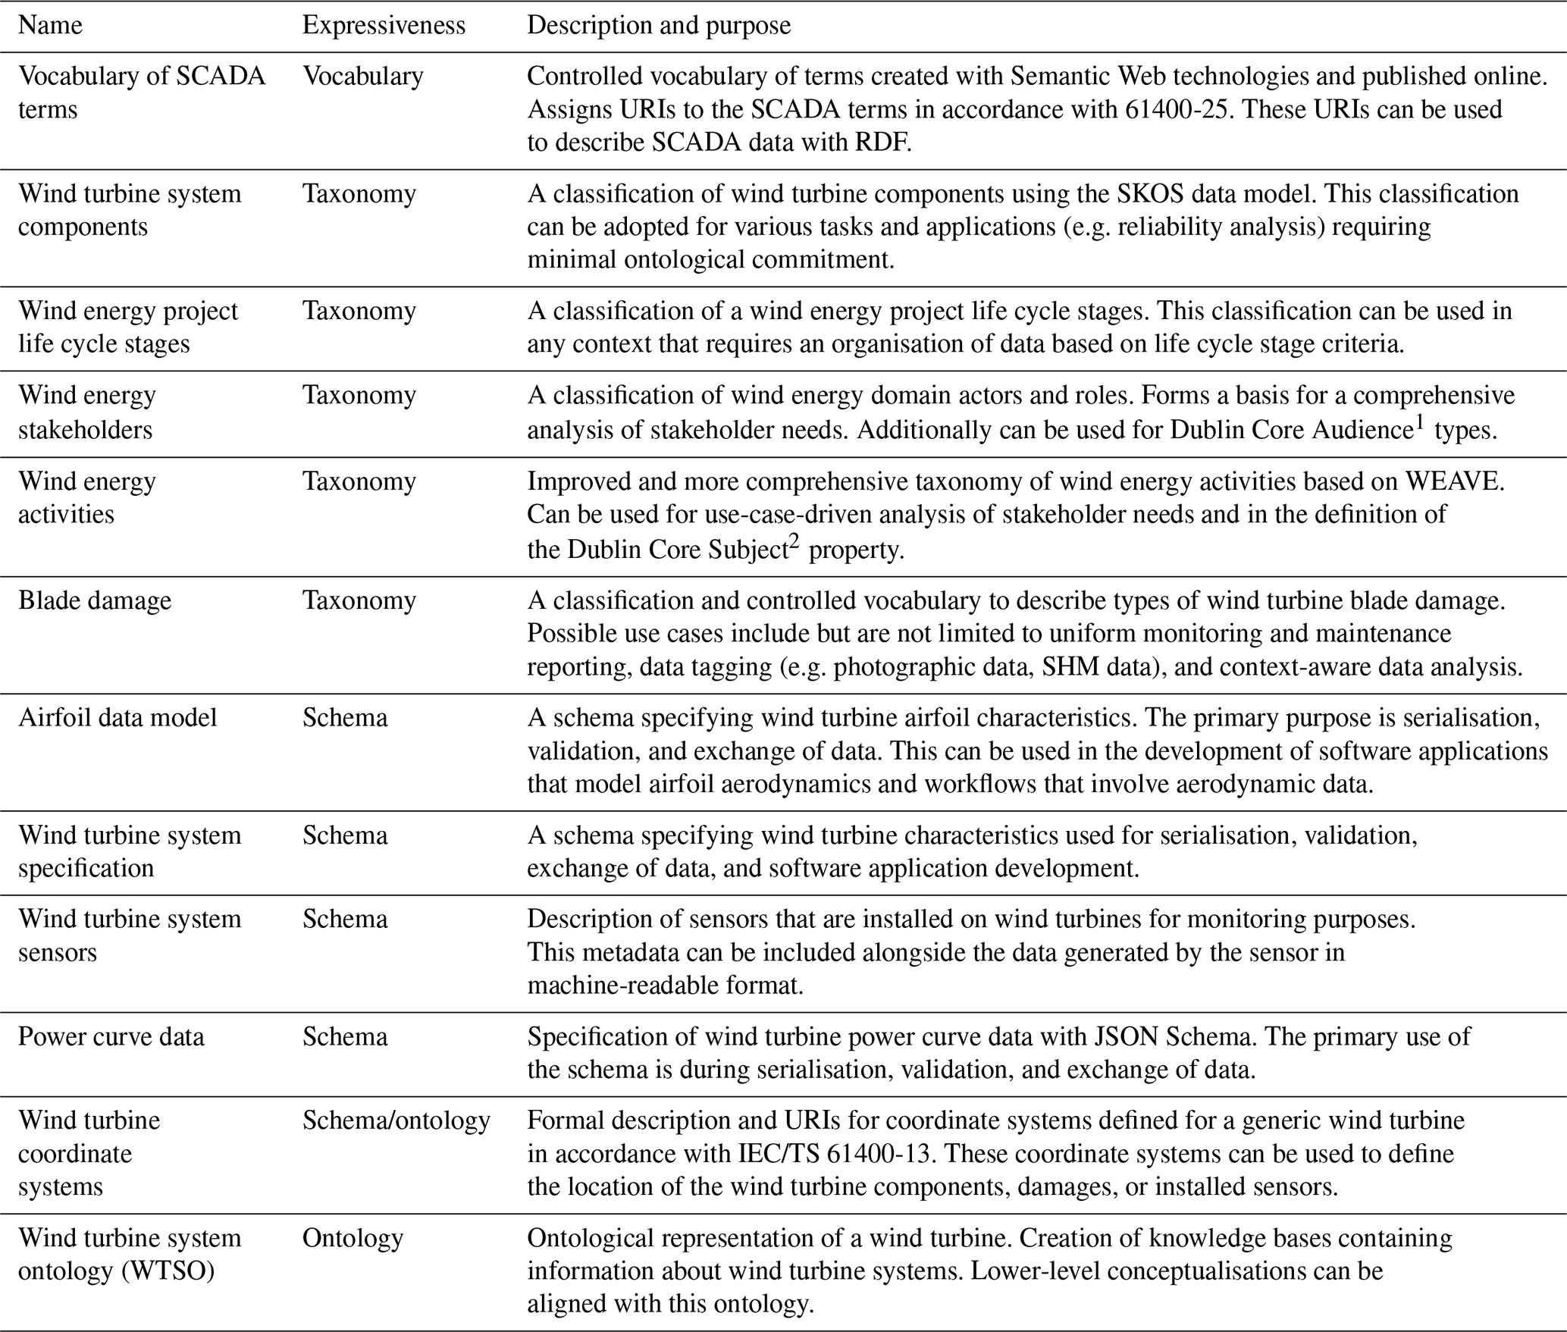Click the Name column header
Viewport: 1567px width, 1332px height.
coord(50,26)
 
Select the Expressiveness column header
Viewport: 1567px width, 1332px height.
coord(384,26)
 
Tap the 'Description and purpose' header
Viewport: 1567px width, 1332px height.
coord(658,26)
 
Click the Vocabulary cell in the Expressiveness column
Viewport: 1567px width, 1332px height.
coord(362,77)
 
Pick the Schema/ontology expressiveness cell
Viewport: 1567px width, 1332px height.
coord(396,1120)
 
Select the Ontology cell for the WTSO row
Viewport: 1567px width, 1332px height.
coord(353,1237)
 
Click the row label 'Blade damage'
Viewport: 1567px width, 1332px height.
coord(95,600)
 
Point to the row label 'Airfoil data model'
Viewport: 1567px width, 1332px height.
coord(118,717)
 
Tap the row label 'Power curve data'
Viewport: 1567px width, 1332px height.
coord(111,1036)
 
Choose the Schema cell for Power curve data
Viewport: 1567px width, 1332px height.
coord(345,1036)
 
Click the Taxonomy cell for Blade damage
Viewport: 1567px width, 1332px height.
coord(359,600)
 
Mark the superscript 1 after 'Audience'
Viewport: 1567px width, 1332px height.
coord(1420,422)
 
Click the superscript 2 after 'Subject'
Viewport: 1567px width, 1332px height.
coord(794,541)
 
